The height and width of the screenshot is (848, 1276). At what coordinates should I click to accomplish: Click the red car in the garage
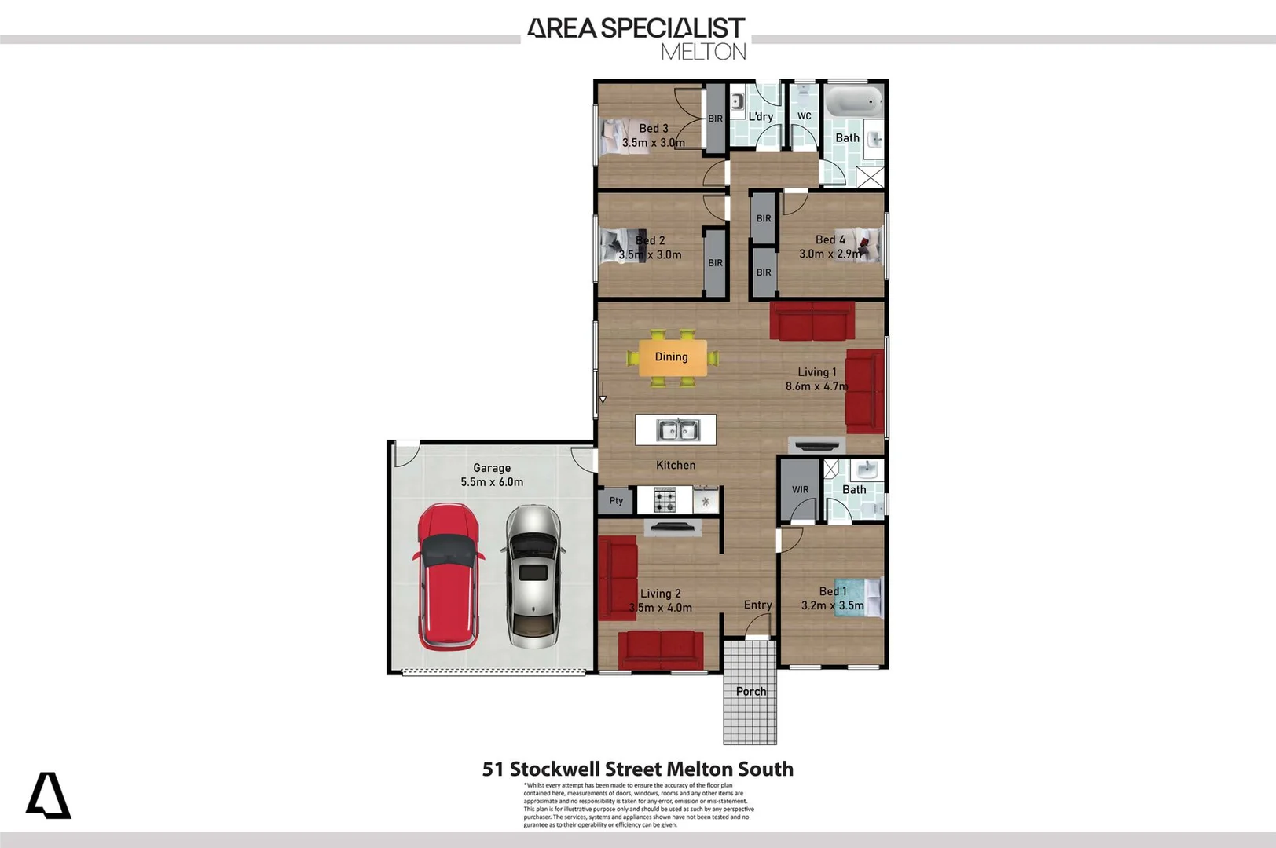(447, 577)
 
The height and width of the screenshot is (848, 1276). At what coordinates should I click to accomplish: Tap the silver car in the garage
(533, 576)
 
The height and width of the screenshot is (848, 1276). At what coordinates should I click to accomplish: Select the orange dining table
(672, 357)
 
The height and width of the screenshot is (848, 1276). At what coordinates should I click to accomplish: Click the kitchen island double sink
(677, 430)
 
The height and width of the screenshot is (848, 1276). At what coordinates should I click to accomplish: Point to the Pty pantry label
(616, 501)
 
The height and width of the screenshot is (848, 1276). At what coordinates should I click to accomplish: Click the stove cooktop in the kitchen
(665, 500)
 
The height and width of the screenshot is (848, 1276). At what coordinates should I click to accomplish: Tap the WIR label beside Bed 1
(800, 490)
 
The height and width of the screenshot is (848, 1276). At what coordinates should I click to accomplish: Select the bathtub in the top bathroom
(854, 101)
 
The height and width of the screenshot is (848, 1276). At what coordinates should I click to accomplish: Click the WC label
(804, 116)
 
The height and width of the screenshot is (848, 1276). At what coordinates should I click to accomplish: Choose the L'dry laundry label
(761, 116)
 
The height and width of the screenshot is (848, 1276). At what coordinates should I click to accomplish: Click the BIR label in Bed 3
(715, 119)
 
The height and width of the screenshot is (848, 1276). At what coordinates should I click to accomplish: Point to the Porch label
(750, 692)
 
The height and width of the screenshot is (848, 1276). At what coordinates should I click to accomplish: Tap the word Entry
(757, 605)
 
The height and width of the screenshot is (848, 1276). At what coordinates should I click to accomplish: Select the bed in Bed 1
(860, 597)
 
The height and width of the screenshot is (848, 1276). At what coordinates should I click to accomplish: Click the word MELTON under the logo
(703, 52)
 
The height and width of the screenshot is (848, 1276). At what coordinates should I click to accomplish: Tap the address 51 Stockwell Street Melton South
(637, 769)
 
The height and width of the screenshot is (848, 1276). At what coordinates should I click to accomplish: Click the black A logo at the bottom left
(49, 796)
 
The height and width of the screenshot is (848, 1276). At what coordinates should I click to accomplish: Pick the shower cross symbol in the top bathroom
(870, 177)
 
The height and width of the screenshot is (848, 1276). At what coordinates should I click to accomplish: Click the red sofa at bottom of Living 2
(660, 649)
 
